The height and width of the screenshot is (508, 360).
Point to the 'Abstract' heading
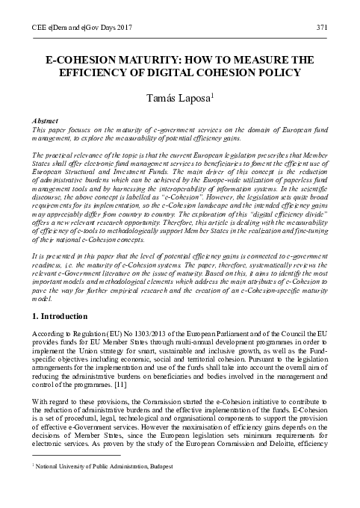(x=49, y=120)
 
